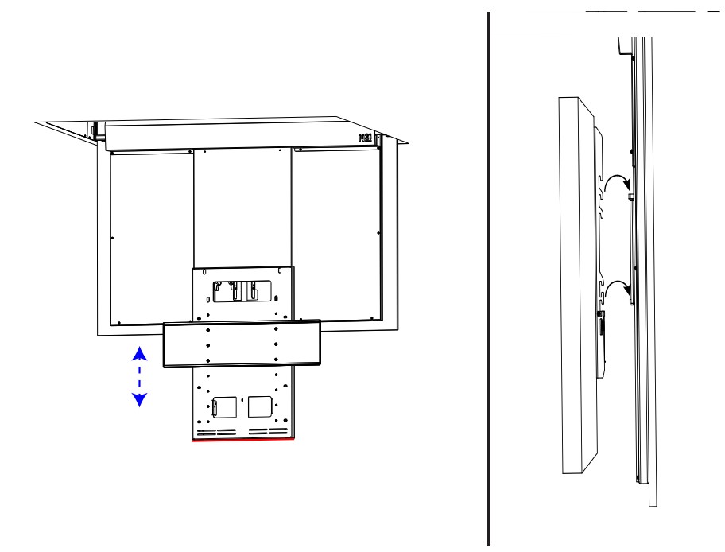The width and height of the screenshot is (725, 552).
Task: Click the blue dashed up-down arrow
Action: (139, 376)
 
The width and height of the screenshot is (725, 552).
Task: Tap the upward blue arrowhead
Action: (139, 352)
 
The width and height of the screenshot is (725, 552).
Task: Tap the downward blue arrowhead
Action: (139, 400)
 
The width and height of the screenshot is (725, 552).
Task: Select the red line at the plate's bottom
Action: (242, 438)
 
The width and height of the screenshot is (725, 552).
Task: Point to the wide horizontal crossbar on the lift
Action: (242, 344)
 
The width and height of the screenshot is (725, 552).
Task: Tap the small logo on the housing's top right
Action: (366, 138)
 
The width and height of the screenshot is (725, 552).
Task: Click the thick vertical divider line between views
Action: (488, 278)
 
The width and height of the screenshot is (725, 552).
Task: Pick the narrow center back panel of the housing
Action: (242, 207)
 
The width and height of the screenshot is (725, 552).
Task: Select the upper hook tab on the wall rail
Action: (630, 195)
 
